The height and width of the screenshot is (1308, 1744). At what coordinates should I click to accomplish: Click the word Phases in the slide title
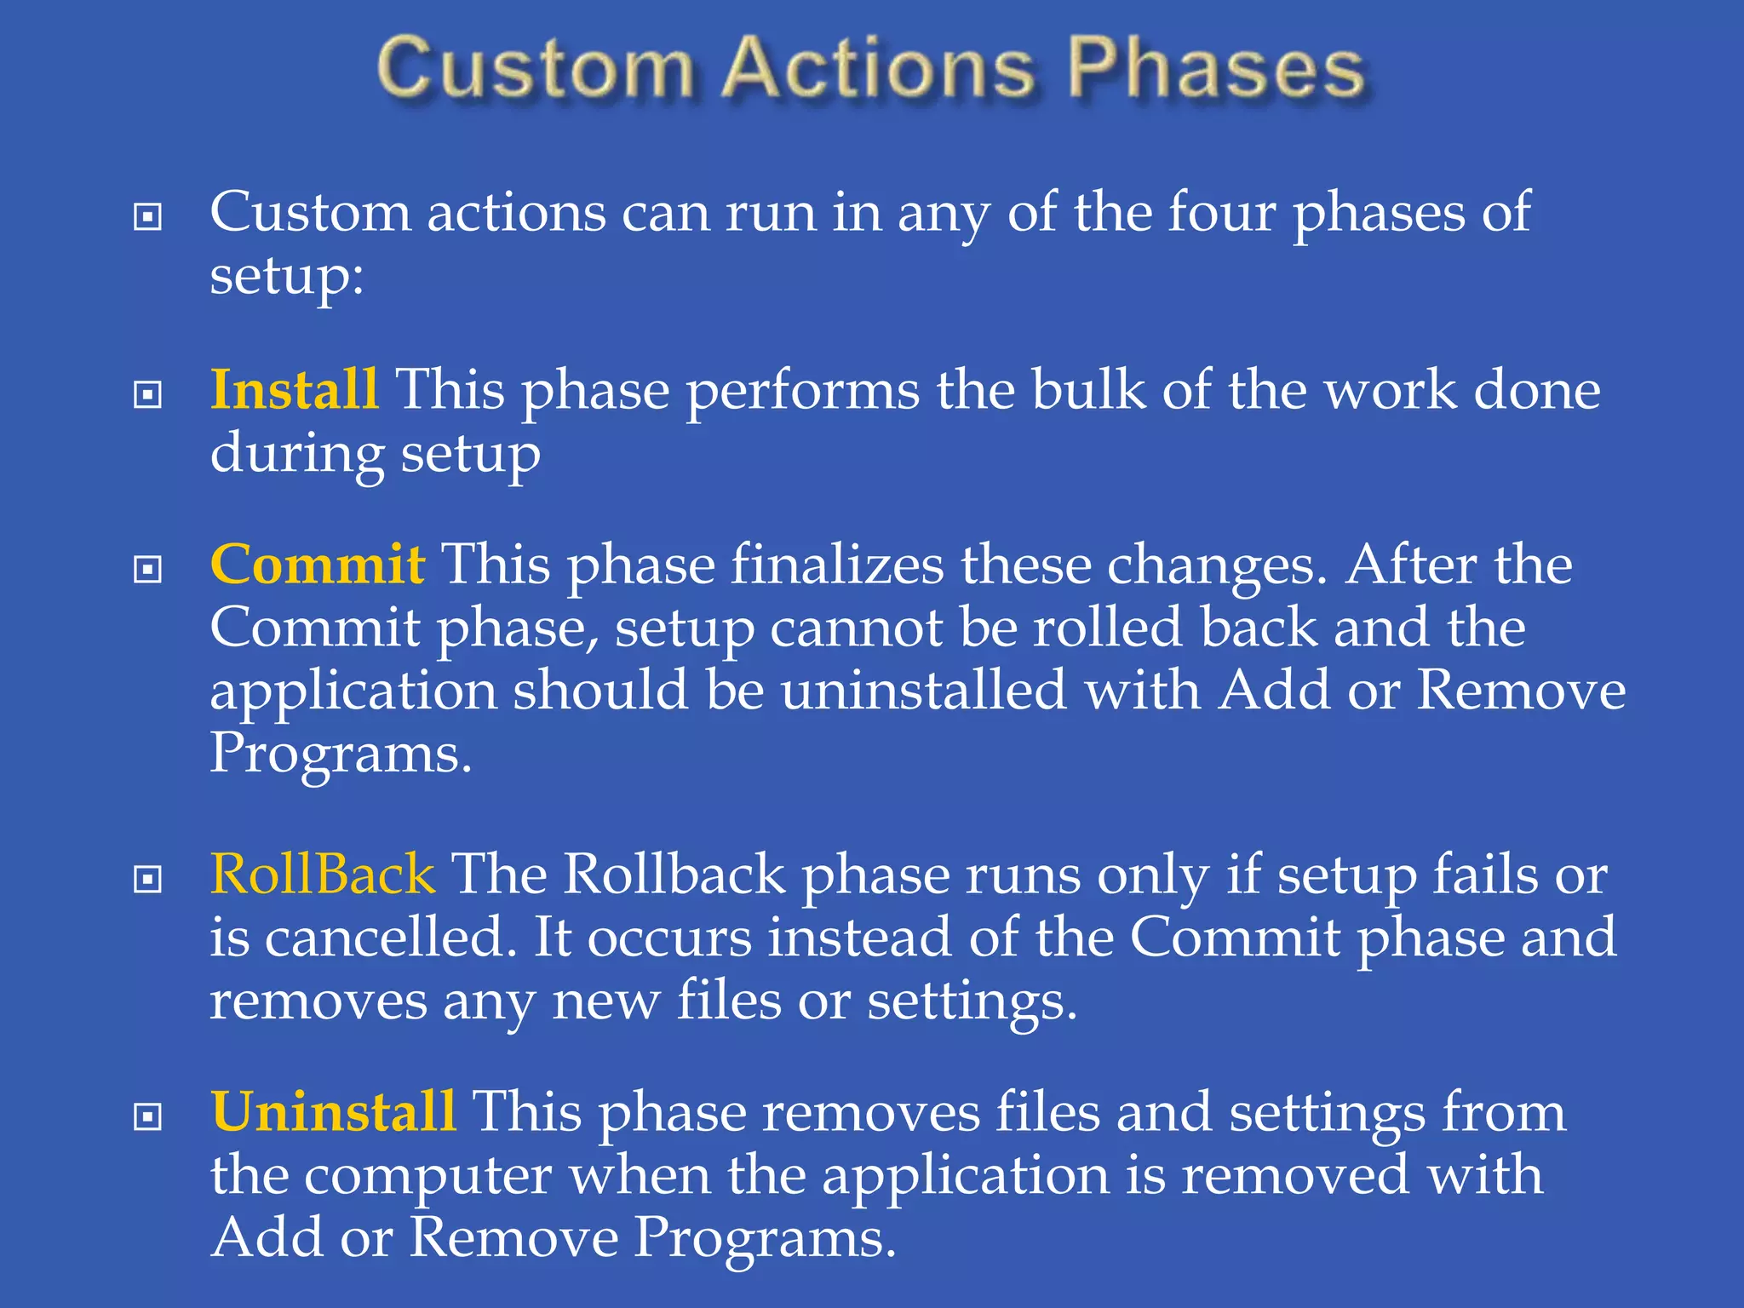click(1216, 68)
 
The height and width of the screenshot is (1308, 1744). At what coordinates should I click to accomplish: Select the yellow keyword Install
click(294, 390)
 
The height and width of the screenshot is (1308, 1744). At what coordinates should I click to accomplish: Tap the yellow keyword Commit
click(317, 565)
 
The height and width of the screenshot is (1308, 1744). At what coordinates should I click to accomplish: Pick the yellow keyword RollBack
click(323, 875)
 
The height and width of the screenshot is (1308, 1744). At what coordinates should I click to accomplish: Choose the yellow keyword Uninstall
click(334, 1111)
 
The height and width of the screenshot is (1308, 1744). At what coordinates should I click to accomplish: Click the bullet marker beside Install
click(148, 394)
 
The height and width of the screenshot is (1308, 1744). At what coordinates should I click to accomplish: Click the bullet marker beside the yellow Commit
click(148, 569)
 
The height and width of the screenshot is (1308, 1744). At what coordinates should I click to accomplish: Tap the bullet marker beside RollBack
click(148, 879)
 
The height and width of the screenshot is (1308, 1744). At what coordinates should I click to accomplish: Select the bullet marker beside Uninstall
click(148, 1116)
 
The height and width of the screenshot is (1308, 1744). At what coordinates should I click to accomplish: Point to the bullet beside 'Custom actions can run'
click(148, 217)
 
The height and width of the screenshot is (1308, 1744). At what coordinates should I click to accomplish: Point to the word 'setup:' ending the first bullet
click(287, 277)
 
